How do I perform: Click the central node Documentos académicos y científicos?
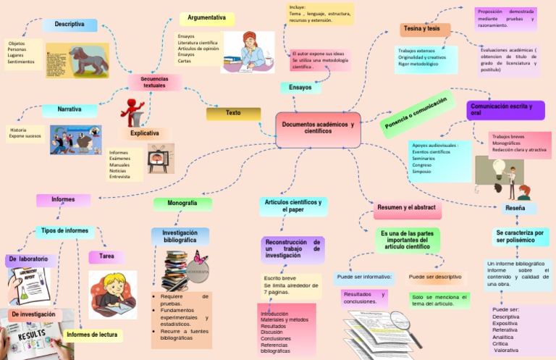[x=318, y=127]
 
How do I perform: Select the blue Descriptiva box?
[x=69, y=25]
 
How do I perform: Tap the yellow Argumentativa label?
[x=206, y=17]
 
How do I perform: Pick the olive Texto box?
[x=233, y=114]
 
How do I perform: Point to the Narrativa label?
[x=69, y=110]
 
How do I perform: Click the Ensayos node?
[x=300, y=88]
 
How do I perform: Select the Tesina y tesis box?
[x=424, y=29]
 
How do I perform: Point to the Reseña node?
[x=515, y=209]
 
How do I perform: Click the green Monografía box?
[x=182, y=204]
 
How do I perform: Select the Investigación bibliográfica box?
[x=180, y=236]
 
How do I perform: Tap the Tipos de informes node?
[x=65, y=231]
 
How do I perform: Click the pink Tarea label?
[x=106, y=257]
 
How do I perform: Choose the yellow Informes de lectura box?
[x=91, y=335]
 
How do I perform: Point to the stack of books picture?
[x=178, y=269]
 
